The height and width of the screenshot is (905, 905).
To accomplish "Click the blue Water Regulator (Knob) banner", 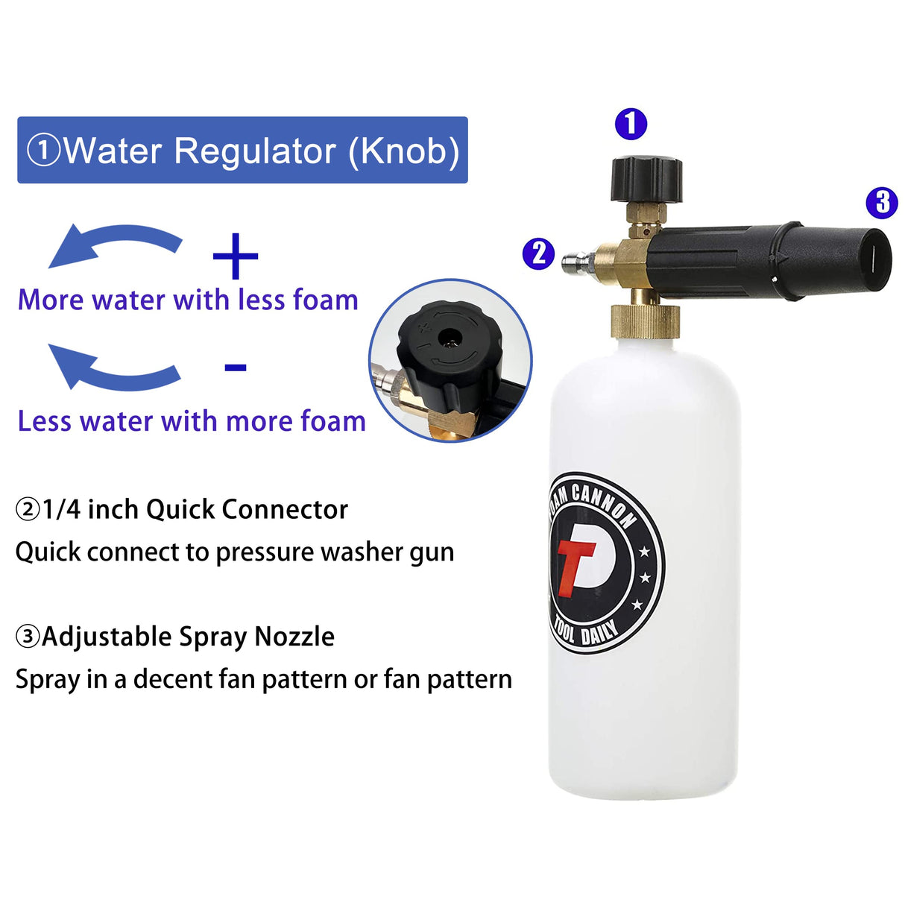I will [x=242, y=150].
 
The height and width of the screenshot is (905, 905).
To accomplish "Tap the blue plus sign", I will [x=236, y=256].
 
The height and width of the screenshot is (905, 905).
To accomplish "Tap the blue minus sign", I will [x=236, y=368].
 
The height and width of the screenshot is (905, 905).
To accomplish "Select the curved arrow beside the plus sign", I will [x=116, y=244].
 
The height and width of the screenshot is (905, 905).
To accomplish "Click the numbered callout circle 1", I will [x=631, y=124].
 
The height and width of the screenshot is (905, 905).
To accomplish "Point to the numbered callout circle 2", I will [x=538, y=253].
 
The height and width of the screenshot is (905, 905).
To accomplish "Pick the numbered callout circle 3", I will [x=882, y=202].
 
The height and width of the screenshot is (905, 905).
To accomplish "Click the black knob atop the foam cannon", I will [x=646, y=178].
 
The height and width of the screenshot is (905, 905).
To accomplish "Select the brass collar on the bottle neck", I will [x=646, y=320].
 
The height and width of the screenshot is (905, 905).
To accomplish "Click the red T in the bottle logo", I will [x=575, y=566].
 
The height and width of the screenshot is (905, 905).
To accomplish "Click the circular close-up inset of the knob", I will [x=450, y=361].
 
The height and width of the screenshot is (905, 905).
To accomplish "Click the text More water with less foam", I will [x=188, y=300].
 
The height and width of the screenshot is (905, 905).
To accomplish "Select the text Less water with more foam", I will [x=192, y=421].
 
